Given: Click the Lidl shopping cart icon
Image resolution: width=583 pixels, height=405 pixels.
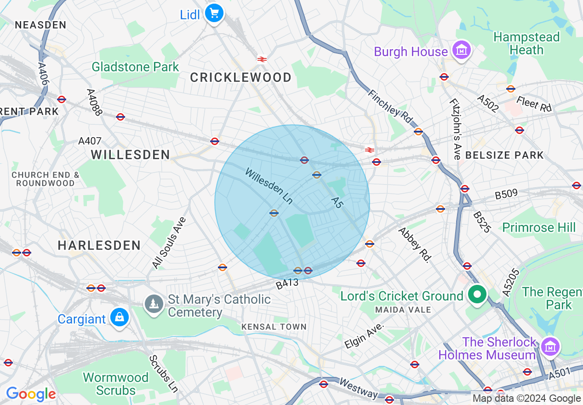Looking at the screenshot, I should (x=214, y=13).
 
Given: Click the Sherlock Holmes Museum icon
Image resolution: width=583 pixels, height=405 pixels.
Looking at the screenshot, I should (x=549, y=346).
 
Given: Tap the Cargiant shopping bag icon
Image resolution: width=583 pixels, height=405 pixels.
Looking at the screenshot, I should (x=120, y=318).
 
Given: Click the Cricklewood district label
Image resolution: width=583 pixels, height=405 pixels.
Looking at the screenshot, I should (x=240, y=77).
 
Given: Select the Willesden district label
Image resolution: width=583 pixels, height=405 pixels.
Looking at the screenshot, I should (x=131, y=155).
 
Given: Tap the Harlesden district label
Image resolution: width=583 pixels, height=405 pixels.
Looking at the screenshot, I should (x=99, y=245).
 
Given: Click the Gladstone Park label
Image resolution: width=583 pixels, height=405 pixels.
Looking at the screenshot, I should (x=135, y=67).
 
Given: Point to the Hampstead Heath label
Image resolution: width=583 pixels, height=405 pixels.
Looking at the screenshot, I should (x=526, y=43).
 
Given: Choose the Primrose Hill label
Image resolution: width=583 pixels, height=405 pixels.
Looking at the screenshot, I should (x=539, y=227).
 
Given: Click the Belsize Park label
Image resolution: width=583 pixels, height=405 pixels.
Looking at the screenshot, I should (x=504, y=155).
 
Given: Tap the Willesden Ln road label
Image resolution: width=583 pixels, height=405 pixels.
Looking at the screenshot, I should (x=269, y=186).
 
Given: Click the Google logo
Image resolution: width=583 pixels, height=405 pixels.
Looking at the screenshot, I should (x=30, y=394).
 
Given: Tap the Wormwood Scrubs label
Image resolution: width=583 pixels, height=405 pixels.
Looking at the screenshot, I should (x=116, y=384).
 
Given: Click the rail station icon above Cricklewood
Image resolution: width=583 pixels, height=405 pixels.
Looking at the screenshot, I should (x=262, y=59).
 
